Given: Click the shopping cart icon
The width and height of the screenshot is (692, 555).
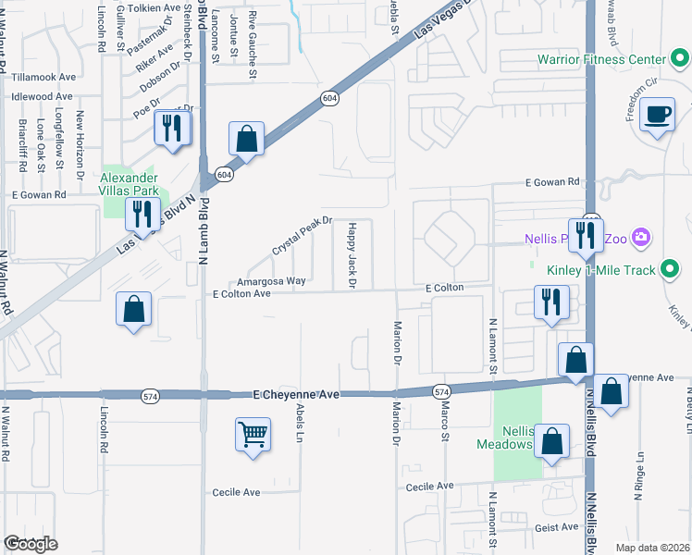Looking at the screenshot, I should pos(253,433).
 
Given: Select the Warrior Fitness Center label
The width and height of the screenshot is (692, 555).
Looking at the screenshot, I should pos(601,61).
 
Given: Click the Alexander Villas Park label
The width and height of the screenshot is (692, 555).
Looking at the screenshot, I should pos(129,183).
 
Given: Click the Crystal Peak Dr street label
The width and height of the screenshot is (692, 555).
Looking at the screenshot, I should pos(301,236).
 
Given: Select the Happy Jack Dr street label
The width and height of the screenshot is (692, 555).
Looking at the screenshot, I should pos(352,254).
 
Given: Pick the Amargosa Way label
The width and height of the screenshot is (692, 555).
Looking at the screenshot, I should pos(271,280).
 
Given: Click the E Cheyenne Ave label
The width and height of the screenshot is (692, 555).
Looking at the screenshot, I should pos(296,394).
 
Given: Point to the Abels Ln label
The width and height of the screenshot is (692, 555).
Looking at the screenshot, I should pos(300,422).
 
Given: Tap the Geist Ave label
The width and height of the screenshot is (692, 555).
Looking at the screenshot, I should pos(556,527).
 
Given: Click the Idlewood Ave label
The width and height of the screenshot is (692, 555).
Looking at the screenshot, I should pos(43,96).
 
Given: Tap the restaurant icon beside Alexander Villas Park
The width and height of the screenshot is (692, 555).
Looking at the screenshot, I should pos(142,214).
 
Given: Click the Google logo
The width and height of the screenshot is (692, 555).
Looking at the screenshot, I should pos(31,544).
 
